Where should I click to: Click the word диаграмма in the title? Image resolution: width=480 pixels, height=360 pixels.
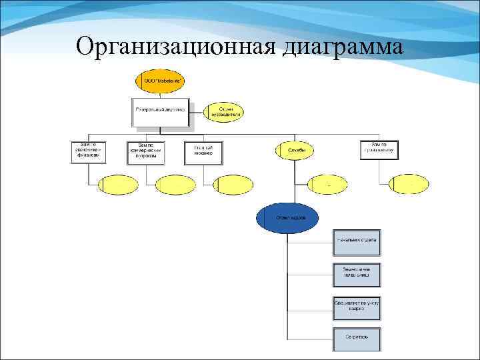pyautogui.click(x=343, y=48)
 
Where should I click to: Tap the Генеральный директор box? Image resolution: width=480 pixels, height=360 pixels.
pyautogui.click(x=160, y=112)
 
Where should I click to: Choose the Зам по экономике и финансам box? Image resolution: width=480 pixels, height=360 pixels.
pyautogui.click(x=88, y=151)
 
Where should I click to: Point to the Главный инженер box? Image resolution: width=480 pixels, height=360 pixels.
pyautogui.click(x=203, y=152)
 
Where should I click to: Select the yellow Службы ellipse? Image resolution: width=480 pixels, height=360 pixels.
pyautogui.click(x=296, y=151)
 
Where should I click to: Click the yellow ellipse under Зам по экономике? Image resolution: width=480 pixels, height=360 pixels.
pyautogui.click(x=118, y=184)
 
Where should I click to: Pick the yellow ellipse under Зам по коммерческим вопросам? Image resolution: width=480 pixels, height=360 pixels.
pyautogui.click(x=176, y=184)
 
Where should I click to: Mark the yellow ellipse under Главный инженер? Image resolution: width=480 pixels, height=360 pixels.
pyautogui.click(x=233, y=184)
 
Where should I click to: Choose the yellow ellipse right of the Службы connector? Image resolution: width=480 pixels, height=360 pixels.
pyautogui.click(x=327, y=185)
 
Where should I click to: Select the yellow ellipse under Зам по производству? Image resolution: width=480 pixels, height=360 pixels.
pyautogui.click(x=409, y=184)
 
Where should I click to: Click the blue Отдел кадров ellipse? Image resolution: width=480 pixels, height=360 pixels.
pyautogui.click(x=287, y=218)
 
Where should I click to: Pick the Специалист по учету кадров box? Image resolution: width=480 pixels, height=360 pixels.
pyautogui.click(x=357, y=307)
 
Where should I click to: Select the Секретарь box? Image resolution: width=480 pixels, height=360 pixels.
pyautogui.click(x=357, y=338)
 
